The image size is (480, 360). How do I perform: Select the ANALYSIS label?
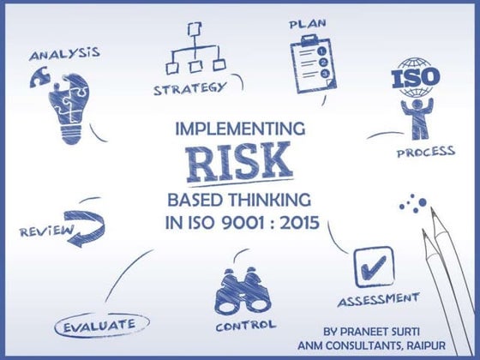point(64,55)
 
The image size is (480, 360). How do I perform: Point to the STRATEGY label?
point(189,87)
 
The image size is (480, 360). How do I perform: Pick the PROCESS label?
point(425,153)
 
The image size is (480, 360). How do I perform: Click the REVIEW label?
point(41,231)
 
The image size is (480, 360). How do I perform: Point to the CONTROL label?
point(245,326)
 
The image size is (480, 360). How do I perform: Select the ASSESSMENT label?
point(378,300)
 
